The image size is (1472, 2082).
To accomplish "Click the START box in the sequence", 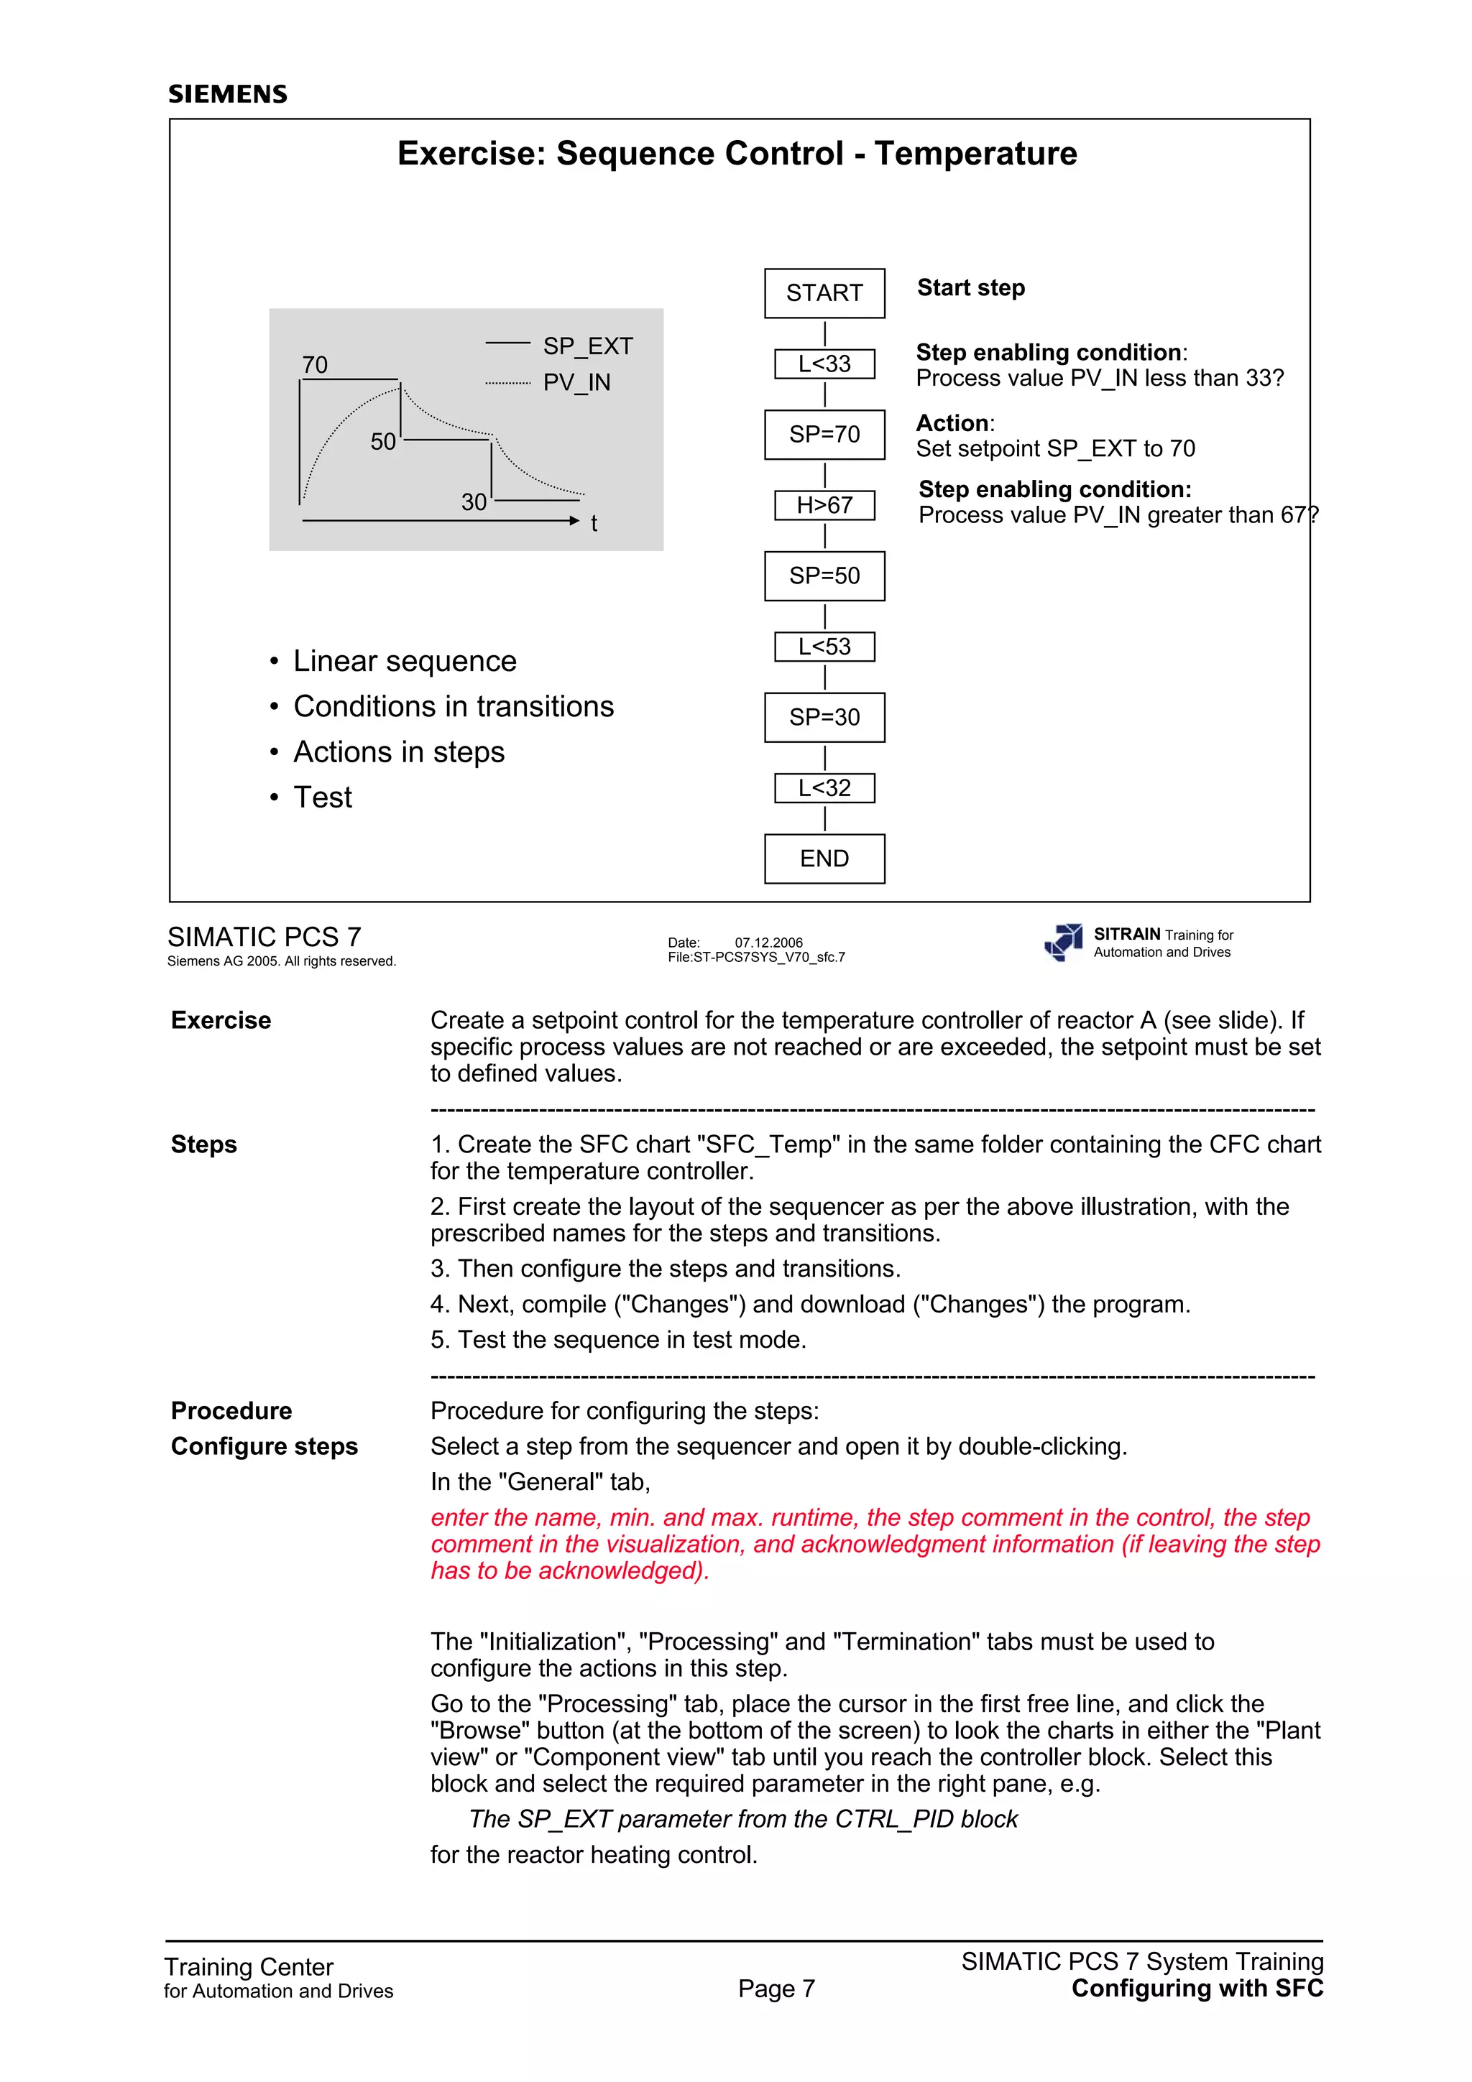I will click(824, 293).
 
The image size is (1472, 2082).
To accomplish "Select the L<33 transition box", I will click(824, 364).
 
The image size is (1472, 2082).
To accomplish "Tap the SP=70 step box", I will click(824, 435).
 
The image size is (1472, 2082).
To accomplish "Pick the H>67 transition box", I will click(824, 505).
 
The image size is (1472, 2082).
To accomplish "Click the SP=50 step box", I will click(824, 575).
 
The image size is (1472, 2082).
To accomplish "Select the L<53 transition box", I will click(824, 647).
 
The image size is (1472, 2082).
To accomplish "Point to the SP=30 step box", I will click(824, 717).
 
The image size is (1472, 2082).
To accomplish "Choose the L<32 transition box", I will click(824, 788).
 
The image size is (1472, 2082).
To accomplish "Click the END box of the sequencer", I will click(824, 859).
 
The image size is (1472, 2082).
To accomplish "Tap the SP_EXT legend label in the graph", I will click(588, 346).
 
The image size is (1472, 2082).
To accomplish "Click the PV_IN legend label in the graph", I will click(577, 383).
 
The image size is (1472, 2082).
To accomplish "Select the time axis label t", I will click(594, 523).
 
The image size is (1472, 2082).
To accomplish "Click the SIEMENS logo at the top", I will click(228, 94).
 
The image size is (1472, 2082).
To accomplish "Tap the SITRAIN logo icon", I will click(1064, 942).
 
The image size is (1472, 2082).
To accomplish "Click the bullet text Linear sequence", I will click(405, 661).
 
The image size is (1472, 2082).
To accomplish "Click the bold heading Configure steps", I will click(264, 1446).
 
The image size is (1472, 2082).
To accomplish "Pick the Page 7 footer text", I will click(776, 1989).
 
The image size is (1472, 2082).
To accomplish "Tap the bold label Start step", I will click(970, 287).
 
